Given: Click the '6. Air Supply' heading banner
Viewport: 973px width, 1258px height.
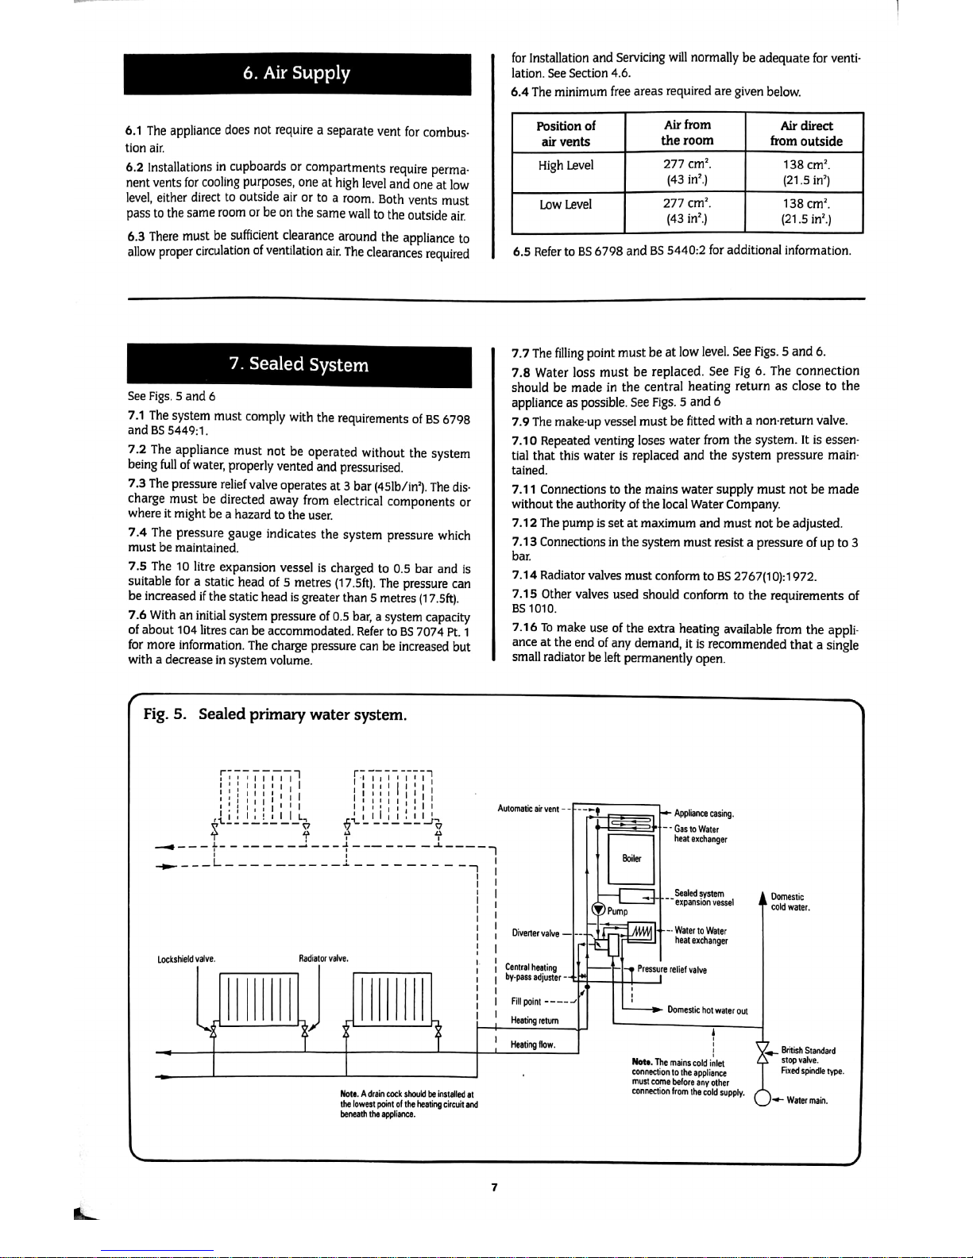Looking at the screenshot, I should (x=296, y=74).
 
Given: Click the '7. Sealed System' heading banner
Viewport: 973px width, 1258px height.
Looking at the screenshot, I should (x=299, y=364).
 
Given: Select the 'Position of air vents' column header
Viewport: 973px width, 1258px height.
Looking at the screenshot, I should (x=566, y=133).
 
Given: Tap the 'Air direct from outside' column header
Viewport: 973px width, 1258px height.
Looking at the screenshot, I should (x=805, y=133).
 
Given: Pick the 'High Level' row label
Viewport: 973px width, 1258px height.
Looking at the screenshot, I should (x=566, y=165).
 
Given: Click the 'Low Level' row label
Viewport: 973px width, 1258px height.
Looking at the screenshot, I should (x=566, y=205).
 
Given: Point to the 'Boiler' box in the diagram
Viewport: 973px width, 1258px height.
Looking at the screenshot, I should (x=631, y=858).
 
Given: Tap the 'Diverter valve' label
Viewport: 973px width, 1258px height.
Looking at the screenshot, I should (x=535, y=933).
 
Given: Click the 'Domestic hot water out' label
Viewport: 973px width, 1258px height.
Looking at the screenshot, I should (x=708, y=1010).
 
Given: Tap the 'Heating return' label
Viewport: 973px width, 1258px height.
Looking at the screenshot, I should (x=535, y=1020).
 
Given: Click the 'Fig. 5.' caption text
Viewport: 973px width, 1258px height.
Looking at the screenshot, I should (x=164, y=714).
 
